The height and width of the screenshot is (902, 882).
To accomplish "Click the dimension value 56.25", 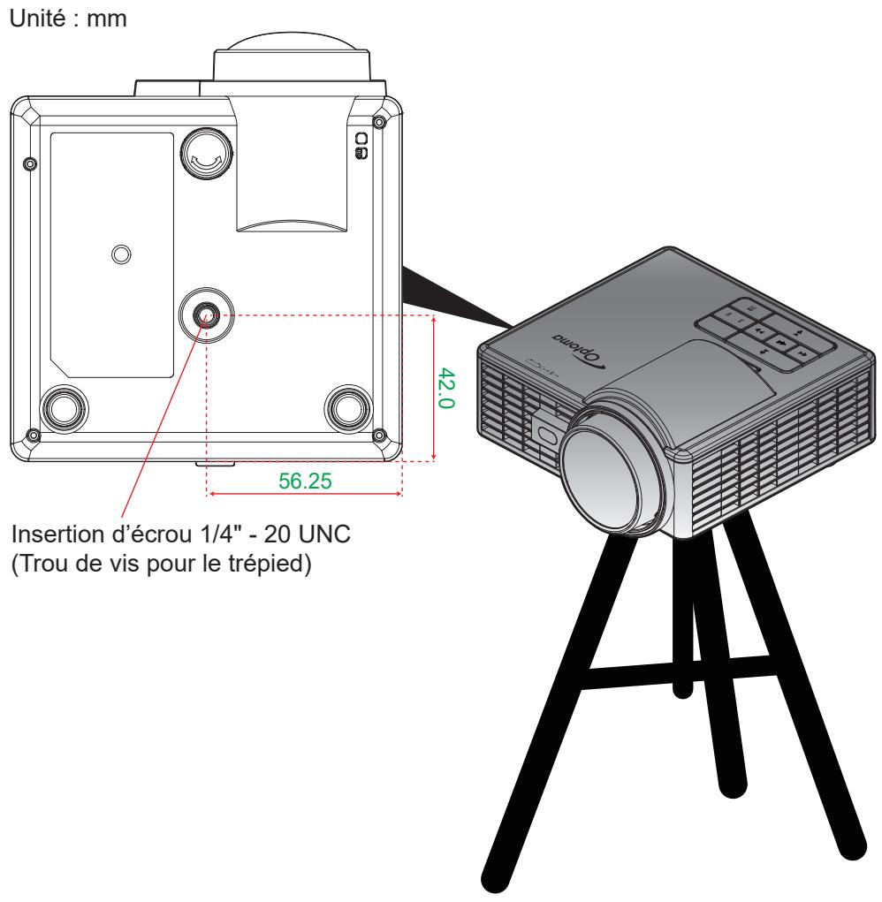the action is (305, 481).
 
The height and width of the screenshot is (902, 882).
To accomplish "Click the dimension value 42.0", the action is (446, 389).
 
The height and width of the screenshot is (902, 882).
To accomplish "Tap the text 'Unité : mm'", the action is (68, 19).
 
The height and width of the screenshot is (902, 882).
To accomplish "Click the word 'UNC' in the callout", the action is (325, 534).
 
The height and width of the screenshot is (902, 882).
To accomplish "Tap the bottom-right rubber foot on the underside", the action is (348, 407).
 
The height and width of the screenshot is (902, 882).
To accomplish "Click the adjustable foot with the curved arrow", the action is (207, 154).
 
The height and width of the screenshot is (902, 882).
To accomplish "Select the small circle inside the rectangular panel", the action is (121, 254).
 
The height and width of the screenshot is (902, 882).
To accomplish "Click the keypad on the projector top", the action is (765, 334).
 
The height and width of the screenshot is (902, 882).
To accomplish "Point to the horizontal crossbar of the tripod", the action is (679, 672).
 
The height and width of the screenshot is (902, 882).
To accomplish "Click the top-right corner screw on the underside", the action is (379, 121).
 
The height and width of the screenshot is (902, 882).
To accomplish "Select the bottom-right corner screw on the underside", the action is (379, 435).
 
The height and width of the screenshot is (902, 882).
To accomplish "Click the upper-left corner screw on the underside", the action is (30, 164).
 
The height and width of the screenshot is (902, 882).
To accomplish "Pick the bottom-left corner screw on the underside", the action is (34, 435).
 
